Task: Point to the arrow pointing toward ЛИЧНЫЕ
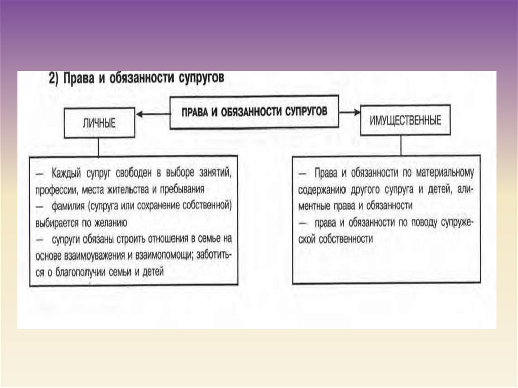152,115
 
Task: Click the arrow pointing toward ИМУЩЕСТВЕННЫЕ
350,112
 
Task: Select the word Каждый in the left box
67,173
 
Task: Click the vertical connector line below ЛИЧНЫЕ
98,146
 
